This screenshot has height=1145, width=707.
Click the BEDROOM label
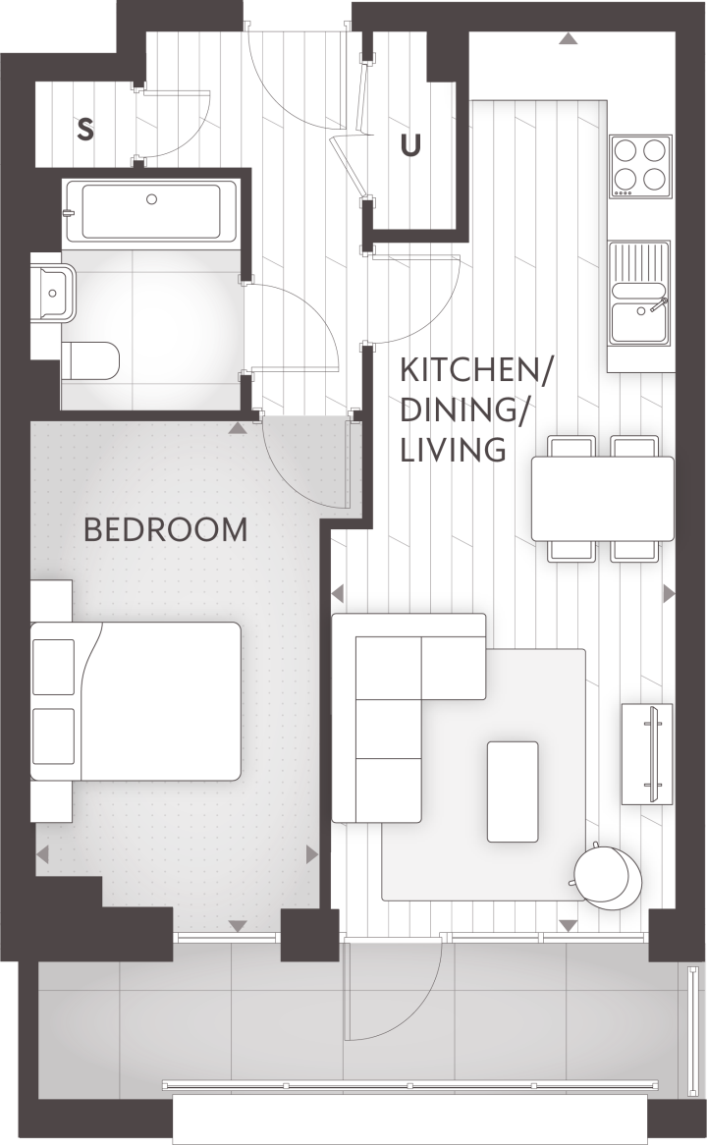coord(166,529)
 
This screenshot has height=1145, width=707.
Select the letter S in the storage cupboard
coord(85,130)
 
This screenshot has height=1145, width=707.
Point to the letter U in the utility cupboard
coord(411,146)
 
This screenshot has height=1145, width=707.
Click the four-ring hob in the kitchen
coord(640,167)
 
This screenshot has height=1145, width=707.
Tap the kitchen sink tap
coord(657,305)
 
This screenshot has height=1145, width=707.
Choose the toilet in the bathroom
coord(89,360)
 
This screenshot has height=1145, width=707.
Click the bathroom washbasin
coord(54,294)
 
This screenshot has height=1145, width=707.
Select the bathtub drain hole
coord(152,199)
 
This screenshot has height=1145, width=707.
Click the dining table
coord(603,498)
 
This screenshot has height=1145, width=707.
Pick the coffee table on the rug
coord(513,791)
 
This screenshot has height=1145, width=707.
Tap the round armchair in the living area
coord(608,875)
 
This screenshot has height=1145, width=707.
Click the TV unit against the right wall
coord(647,753)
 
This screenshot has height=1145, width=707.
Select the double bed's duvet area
coord(161,701)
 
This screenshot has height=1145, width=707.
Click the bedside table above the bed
coord(52,600)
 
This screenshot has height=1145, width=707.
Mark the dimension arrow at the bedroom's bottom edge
coord(238,926)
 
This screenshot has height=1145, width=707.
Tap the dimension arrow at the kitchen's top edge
coord(568,38)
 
